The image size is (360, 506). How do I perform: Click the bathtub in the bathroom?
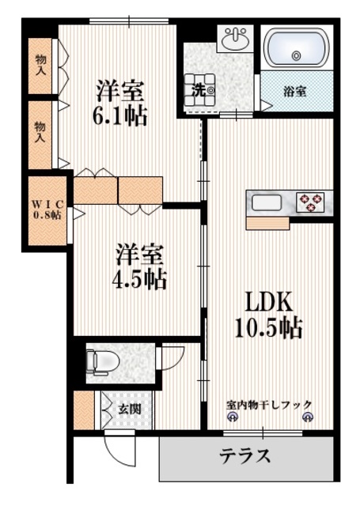click(296, 49)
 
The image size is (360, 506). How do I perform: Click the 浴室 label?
click(296, 92)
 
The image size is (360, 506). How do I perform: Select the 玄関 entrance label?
click(130, 410)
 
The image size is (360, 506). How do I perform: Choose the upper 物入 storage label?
click(40, 62)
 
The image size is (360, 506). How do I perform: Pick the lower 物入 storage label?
click(40, 131)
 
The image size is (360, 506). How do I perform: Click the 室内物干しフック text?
click(269, 405)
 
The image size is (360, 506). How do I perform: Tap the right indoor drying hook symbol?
click(309, 416)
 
